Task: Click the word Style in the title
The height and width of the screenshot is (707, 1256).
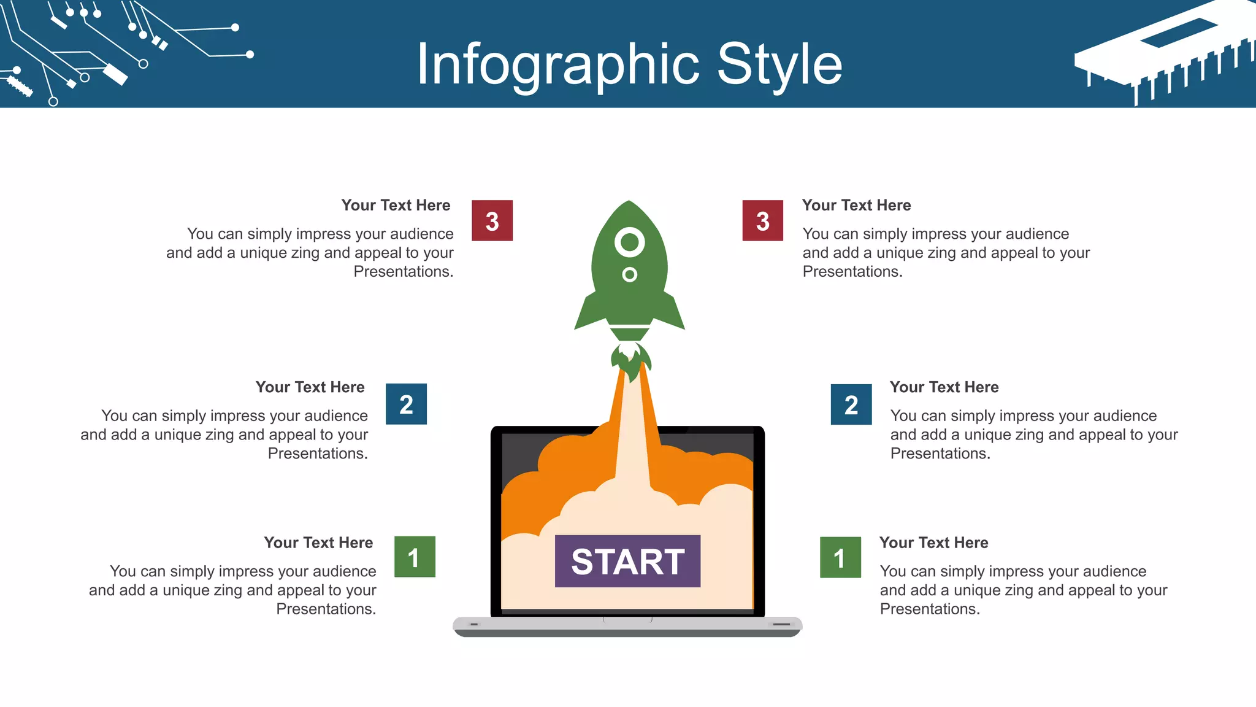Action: click(x=779, y=64)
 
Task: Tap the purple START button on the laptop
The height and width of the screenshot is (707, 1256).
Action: click(x=627, y=561)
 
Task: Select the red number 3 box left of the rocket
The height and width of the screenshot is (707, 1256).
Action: click(x=492, y=220)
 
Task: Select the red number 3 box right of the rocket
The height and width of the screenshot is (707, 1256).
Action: click(x=762, y=220)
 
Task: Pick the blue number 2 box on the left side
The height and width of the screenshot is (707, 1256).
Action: click(x=406, y=404)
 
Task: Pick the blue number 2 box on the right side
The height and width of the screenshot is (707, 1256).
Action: click(x=851, y=404)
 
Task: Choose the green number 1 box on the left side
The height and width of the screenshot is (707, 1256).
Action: click(x=415, y=557)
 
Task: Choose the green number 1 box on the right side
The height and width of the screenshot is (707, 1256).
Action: click(x=840, y=557)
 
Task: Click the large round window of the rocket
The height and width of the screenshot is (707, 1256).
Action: click(x=629, y=242)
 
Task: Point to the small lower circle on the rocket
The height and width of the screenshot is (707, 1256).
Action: click(x=629, y=274)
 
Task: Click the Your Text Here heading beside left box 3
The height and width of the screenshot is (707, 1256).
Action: click(x=396, y=205)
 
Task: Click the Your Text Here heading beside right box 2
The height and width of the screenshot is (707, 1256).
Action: click(x=944, y=387)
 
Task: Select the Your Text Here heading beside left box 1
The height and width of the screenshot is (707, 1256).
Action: click(x=318, y=543)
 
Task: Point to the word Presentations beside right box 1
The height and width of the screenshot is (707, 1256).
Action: click(x=929, y=609)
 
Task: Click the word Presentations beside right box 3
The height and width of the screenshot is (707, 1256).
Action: click(x=852, y=271)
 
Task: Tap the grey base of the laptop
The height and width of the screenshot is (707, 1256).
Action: click(x=627, y=627)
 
